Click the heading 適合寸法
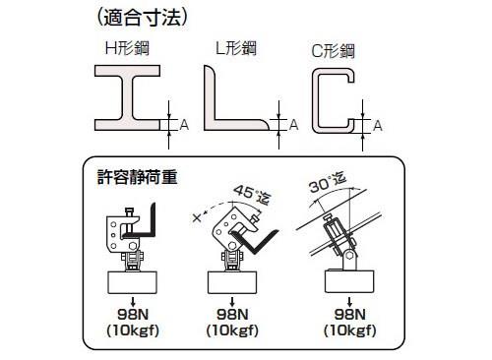tap(143, 18)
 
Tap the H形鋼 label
tap(127, 48)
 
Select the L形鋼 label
tap(236, 48)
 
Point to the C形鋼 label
tap(333, 51)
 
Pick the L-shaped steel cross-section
tap(210, 98)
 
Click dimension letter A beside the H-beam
tap(184, 125)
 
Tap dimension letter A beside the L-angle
tap(293, 125)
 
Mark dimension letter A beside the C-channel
tap(378, 126)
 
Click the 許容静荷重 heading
tap(138, 177)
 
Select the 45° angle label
tap(253, 196)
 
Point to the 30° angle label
tap(328, 183)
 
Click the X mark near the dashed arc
tap(197, 217)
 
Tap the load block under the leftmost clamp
tap(133, 282)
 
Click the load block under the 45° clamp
tap(232, 282)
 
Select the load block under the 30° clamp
tap(349, 281)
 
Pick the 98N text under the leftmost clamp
tap(133, 315)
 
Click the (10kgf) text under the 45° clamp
tap(232, 330)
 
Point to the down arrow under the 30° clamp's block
tap(349, 302)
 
